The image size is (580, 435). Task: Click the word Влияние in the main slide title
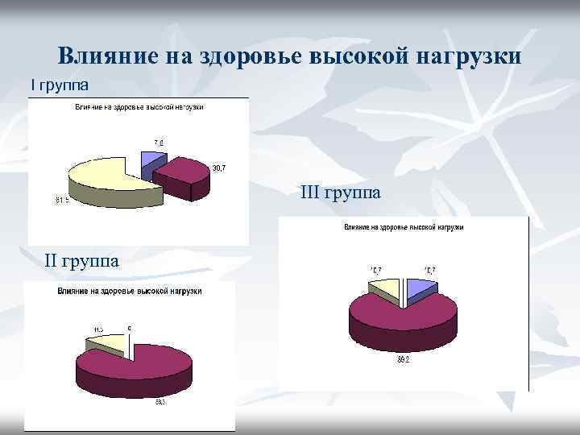[x=108, y=57]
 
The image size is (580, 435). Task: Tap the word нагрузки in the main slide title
[x=471, y=57]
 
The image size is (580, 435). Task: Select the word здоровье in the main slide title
[x=241, y=57]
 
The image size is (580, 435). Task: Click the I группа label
[x=60, y=83]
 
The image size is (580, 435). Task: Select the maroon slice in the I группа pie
[x=184, y=171]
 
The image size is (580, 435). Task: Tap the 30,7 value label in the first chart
[x=218, y=168]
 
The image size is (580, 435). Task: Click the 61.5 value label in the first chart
[x=61, y=201]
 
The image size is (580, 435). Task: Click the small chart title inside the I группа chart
[x=139, y=107]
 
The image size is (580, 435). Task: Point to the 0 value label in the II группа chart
[x=129, y=329]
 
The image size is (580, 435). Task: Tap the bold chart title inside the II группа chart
[x=129, y=291]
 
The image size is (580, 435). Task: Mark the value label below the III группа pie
[x=402, y=361]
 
